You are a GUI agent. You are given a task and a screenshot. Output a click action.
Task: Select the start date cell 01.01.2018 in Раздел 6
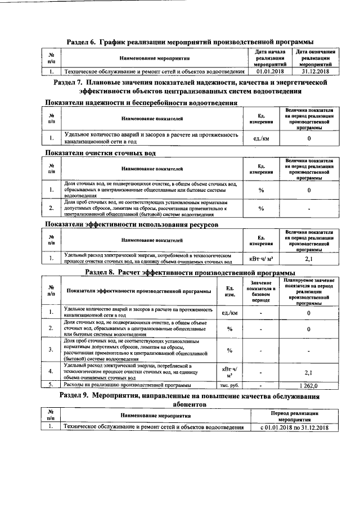click(x=269, y=72)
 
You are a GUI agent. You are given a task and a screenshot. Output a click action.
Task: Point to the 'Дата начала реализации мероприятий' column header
click(x=269, y=58)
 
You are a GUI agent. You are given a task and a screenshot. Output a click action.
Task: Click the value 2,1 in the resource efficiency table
click(x=309, y=259)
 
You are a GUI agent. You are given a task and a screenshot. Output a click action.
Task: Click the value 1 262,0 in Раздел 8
click(x=309, y=385)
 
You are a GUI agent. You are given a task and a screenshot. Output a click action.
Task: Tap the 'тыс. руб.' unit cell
click(x=229, y=385)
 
